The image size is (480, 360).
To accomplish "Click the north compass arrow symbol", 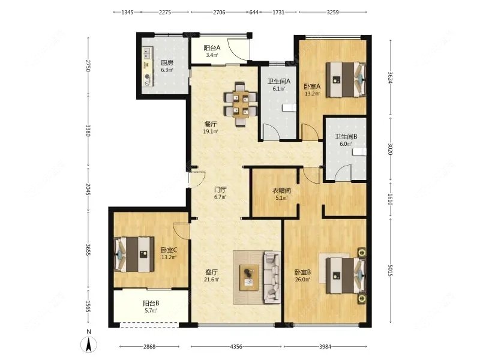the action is [89, 344].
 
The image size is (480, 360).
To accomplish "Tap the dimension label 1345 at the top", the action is [127, 12].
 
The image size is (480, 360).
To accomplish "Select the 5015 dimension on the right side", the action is [390, 271].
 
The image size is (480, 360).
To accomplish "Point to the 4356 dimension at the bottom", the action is [236, 347].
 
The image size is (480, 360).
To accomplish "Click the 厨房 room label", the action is [167, 63].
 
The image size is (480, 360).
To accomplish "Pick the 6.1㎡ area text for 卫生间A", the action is [279, 89].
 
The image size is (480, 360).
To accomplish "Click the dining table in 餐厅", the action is [241, 104].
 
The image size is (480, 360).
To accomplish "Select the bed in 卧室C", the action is [134, 254].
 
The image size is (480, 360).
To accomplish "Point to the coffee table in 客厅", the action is [248, 278].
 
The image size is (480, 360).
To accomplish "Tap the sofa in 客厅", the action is [272, 277].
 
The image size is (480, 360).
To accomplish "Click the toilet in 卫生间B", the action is [359, 152].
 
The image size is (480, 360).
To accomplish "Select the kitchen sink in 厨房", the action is [148, 52].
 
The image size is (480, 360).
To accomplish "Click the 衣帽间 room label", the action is [281, 191].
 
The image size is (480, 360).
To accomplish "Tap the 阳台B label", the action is [151, 304].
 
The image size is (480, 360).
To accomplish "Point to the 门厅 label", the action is [220, 190].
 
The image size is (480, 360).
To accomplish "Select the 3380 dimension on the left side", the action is [88, 131].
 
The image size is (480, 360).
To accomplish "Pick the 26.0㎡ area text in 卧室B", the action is [303, 280].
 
